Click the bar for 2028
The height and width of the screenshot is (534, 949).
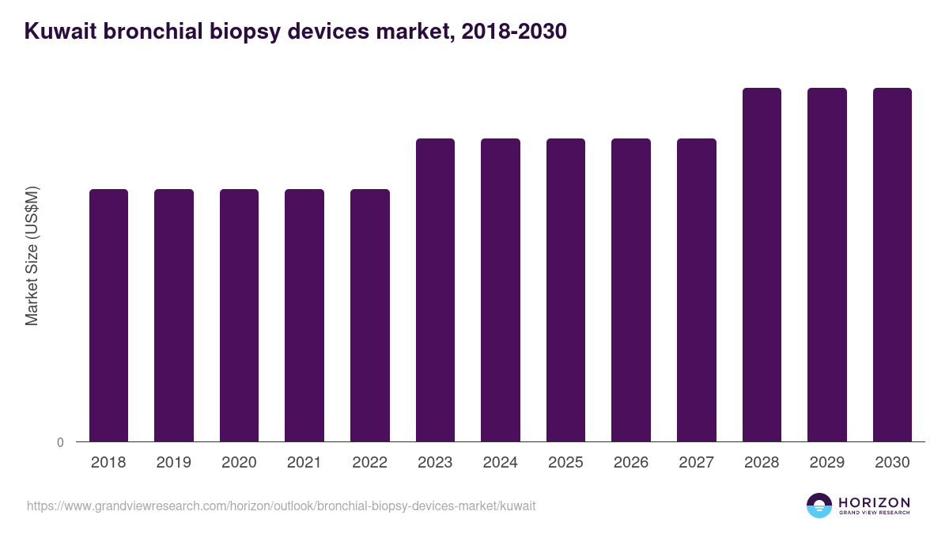(762, 264)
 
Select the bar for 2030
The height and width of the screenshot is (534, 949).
(892, 264)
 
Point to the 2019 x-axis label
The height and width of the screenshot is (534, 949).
(173, 463)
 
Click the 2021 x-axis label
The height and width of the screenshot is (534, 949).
(304, 463)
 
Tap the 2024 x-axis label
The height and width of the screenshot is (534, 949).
(500, 463)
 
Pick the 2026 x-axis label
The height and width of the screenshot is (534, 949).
(631, 463)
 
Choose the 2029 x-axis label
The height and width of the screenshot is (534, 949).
(826, 463)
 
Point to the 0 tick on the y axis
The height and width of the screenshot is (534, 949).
(60, 442)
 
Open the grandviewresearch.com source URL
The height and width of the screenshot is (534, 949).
(282, 506)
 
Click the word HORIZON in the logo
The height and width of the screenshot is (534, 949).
(874, 502)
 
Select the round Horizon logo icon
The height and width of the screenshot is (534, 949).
(819, 506)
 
